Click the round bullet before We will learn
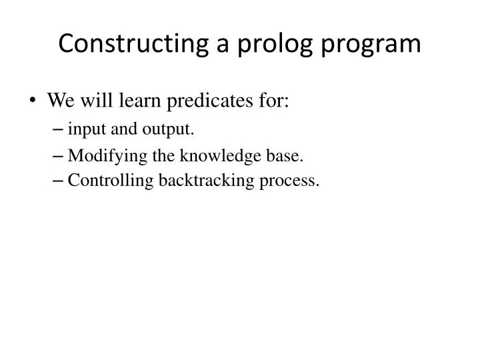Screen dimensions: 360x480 (34, 102)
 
